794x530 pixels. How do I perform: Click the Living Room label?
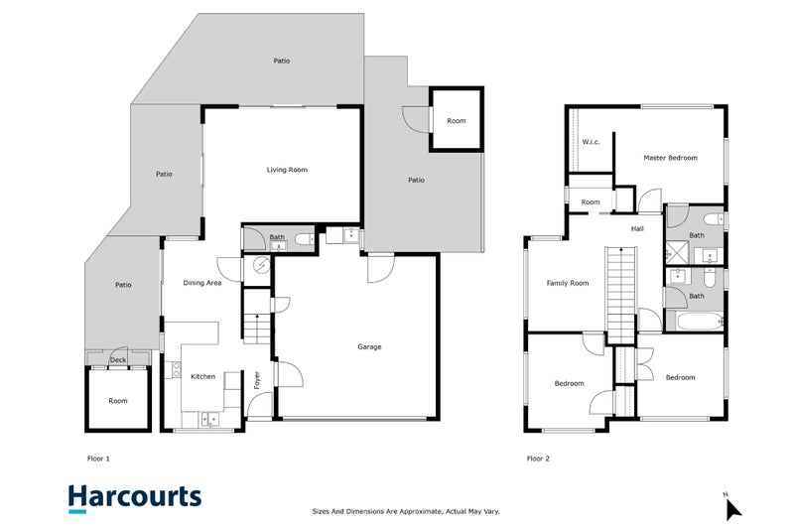pyautogui.click(x=287, y=170)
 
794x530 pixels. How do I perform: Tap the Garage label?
pyautogui.click(x=369, y=346)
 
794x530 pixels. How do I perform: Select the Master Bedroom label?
pyautogui.click(x=670, y=158)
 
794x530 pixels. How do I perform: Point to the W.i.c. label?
pyautogui.click(x=591, y=142)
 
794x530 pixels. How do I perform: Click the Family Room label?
pyautogui.click(x=567, y=283)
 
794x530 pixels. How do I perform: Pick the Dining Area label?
pyautogui.click(x=202, y=283)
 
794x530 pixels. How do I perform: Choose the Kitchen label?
pyautogui.click(x=202, y=376)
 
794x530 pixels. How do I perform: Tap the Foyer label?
pyautogui.click(x=257, y=380)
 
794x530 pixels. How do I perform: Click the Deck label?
pyautogui.click(x=118, y=360)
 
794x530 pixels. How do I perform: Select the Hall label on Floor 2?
pyautogui.click(x=637, y=229)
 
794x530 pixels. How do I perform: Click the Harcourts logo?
pyautogui.click(x=135, y=498)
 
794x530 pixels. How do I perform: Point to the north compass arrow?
pyautogui.click(x=732, y=509)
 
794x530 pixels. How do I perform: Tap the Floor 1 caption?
pyautogui.click(x=98, y=459)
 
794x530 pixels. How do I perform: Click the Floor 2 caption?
pyautogui.click(x=538, y=459)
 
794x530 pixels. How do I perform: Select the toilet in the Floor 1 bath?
pyautogui.click(x=306, y=239)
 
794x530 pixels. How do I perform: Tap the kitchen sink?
pyautogui.click(x=209, y=419)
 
